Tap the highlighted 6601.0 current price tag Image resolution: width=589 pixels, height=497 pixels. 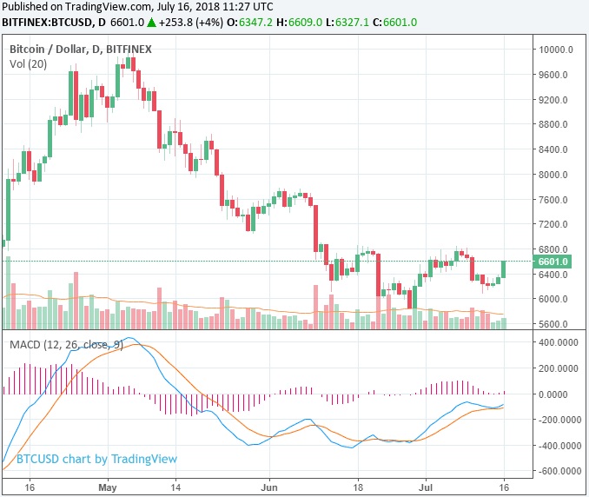pos(553,262)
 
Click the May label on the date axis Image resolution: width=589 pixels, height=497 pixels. pos(108,487)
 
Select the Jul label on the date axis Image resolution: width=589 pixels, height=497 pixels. pos(427,487)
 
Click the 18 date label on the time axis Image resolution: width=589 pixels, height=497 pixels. pos(358,487)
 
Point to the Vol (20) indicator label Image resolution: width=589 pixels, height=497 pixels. pos(30,64)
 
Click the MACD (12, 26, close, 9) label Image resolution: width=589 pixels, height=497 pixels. pos(66,345)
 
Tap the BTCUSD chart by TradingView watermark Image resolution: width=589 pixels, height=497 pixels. pos(96,459)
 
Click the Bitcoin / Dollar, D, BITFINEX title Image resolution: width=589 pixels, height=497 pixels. pos(81,50)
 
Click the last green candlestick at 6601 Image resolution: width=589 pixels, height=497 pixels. pos(505,269)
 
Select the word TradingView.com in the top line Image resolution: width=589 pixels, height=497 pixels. pos(105,7)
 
